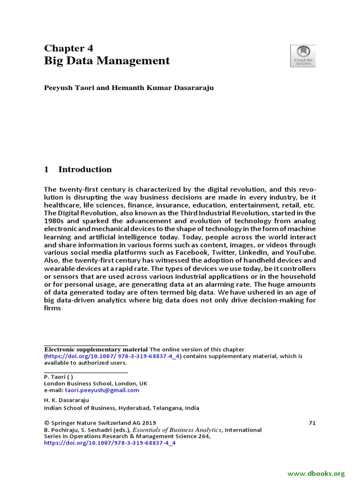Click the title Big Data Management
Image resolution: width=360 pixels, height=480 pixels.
[107, 61]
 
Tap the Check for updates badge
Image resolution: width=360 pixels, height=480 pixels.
[303, 55]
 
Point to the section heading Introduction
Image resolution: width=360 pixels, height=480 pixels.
[85, 169]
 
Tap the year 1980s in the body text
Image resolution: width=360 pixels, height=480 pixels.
[56, 222]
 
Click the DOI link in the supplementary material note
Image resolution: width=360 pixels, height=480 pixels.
[113, 356]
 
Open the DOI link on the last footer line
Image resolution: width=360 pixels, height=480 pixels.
[110, 443]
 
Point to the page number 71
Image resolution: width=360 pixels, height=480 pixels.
[312, 423]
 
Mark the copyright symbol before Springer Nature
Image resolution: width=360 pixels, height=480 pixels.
[46, 423]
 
